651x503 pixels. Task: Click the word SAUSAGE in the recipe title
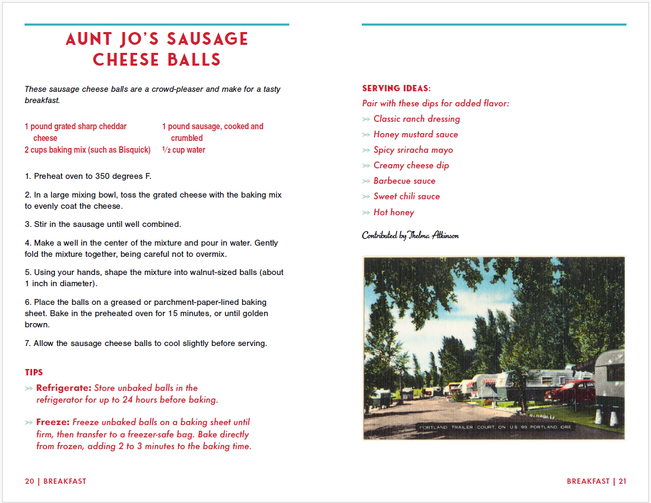tap(208, 39)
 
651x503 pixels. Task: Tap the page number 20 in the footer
tap(29, 481)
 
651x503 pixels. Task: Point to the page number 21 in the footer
tap(622, 481)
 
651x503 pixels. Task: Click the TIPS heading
tap(34, 372)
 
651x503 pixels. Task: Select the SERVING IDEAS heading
tap(395, 88)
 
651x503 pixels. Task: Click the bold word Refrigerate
tap(64, 388)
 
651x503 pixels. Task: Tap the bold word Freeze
tap(53, 422)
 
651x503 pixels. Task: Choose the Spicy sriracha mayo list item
tap(413, 150)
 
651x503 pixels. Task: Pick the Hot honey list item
tap(393, 212)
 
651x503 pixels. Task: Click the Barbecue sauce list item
tap(404, 181)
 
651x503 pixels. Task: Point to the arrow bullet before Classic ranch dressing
tap(366, 119)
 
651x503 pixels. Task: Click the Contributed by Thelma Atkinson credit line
tap(410, 235)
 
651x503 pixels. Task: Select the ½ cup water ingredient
tap(184, 150)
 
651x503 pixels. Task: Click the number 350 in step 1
tap(104, 176)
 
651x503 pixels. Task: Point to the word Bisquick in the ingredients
tap(133, 150)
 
